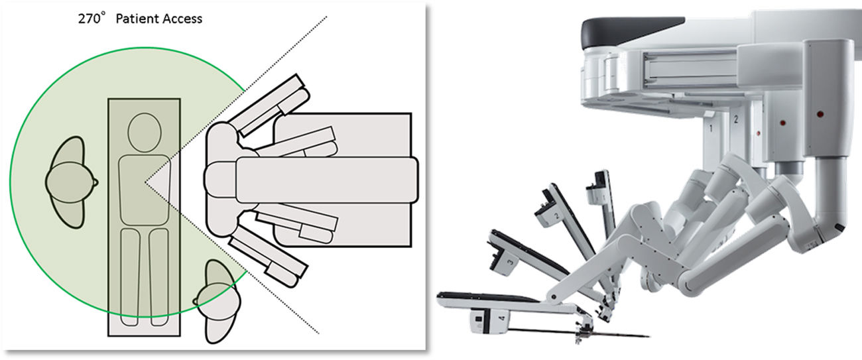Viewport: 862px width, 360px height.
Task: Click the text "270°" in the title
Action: (90, 19)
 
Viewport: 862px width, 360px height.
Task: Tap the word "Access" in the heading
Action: (181, 19)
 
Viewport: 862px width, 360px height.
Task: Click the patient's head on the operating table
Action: (145, 133)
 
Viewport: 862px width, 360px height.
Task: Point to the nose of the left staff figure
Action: (95, 182)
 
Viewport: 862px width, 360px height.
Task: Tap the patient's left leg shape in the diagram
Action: (130, 276)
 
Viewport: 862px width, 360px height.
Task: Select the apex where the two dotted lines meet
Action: (145, 182)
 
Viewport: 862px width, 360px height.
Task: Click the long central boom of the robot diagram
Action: (327, 180)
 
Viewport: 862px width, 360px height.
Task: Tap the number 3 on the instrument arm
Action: (510, 263)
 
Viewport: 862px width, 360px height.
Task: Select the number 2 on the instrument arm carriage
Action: (556, 216)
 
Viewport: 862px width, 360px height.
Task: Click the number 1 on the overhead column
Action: (711, 128)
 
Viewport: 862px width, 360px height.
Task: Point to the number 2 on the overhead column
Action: (736, 119)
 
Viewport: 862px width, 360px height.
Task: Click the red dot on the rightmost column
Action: (820, 114)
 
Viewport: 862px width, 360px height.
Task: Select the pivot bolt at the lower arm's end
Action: (552, 297)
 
